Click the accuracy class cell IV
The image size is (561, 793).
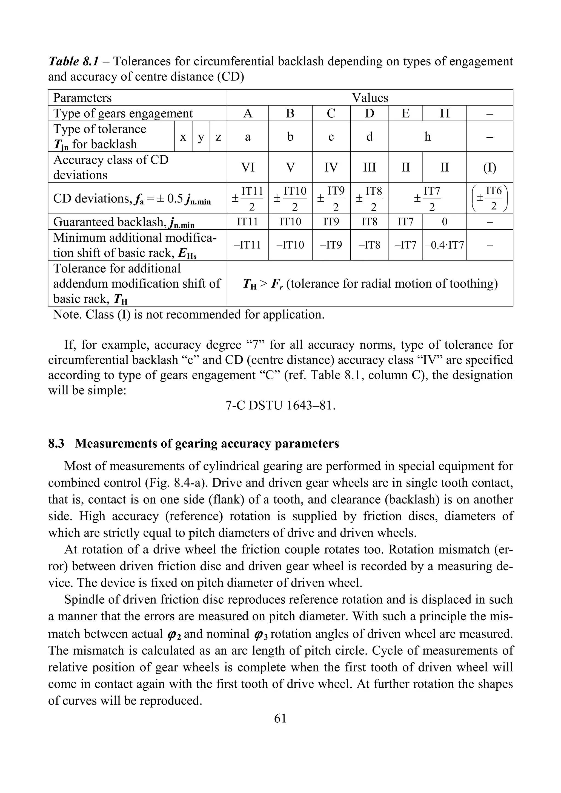pyautogui.click(x=331, y=167)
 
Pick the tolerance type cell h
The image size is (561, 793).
pyautogui.click(x=427, y=137)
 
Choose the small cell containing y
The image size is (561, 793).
pyautogui.click(x=201, y=137)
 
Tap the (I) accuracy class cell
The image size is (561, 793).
pyautogui.click(x=489, y=167)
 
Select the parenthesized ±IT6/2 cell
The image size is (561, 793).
pyautogui.click(x=489, y=198)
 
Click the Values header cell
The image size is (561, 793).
pyautogui.click(x=370, y=98)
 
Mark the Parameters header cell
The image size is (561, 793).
pyautogui.click(x=82, y=98)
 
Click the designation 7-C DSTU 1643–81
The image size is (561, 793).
pyautogui.click(x=280, y=405)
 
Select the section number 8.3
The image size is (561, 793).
pyautogui.click(x=56, y=444)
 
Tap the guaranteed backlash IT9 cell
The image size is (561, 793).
pyautogui.click(x=331, y=222)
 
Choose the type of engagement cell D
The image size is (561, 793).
pyautogui.click(x=369, y=113)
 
